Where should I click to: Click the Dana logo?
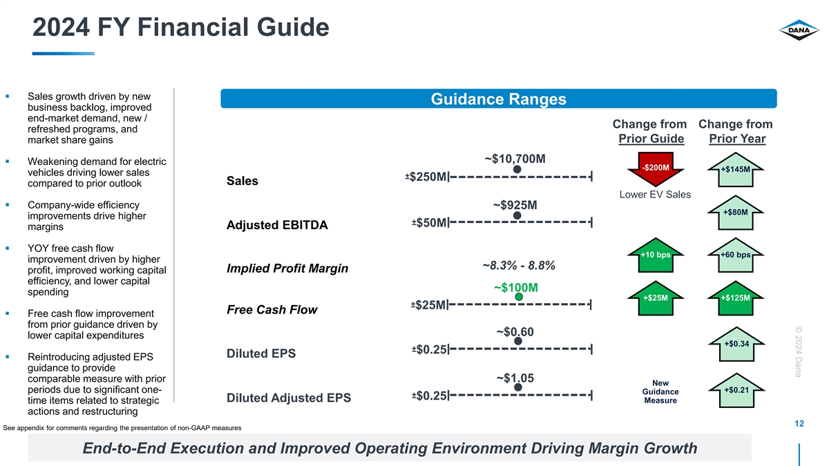tap(799, 30)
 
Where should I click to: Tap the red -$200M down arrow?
tap(656, 168)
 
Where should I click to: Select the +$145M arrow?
tap(735, 169)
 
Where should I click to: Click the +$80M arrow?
tap(735, 213)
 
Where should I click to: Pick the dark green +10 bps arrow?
tap(656, 255)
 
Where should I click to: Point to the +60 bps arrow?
tap(735, 255)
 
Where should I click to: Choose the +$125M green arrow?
tap(735, 298)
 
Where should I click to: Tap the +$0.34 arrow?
tap(736, 344)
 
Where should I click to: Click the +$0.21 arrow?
tap(736, 390)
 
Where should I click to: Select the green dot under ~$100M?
tap(519, 297)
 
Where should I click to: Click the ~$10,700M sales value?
tap(515, 159)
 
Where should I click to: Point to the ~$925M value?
tap(515, 205)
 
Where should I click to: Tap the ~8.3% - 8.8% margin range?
tap(519, 266)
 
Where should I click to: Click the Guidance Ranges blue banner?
tap(499, 99)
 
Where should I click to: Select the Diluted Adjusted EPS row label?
tap(289, 398)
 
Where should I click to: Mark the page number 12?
tap(799, 424)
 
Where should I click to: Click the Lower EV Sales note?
tap(655, 195)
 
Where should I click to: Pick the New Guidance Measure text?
tap(660, 391)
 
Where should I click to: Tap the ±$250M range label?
tap(426, 177)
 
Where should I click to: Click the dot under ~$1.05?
tap(518, 387)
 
